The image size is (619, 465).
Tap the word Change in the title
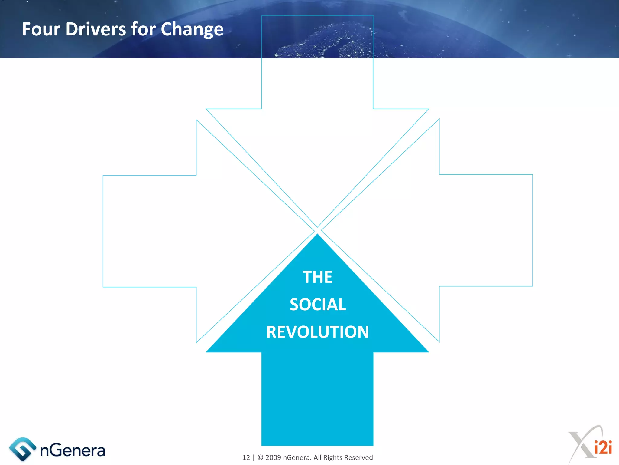coord(192,30)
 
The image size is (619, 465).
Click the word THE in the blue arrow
coord(317,277)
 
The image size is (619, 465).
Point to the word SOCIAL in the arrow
coord(318,305)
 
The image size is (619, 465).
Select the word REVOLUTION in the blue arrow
coord(317,332)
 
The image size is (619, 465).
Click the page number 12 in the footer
coord(246,457)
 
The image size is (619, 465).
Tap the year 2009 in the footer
coord(273,457)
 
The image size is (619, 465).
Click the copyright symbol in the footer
coord(260,457)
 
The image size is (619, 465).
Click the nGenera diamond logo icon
coord(23,449)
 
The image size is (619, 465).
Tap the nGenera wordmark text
coord(73,450)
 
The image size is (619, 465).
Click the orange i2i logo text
coord(603,447)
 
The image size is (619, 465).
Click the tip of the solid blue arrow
coord(317,236)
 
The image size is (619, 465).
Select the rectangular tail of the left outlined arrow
coord(150,231)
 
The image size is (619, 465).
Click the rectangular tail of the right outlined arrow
coord(486,230)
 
